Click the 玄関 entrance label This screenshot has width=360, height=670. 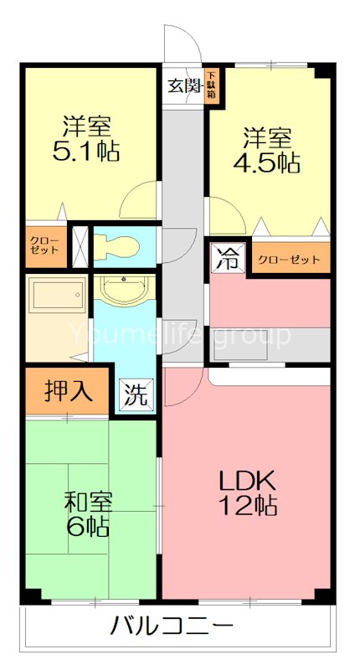(x=184, y=85)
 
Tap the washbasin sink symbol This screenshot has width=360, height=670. (x=124, y=290)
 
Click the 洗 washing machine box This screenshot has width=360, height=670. (x=135, y=394)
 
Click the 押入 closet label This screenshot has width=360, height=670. (x=67, y=390)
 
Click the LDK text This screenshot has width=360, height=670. (x=248, y=482)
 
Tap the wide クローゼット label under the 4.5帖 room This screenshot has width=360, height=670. (x=288, y=260)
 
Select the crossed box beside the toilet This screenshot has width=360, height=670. (x=81, y=245)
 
